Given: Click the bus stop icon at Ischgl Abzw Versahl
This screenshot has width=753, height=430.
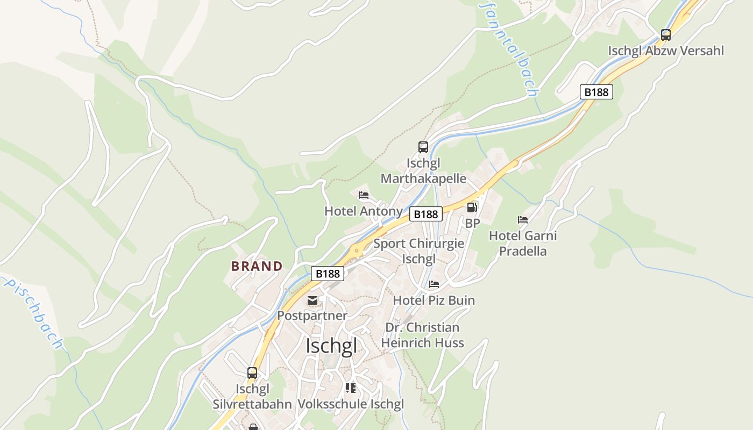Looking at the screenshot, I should [666, 35].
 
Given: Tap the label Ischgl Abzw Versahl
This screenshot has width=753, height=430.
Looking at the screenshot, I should [666, 51].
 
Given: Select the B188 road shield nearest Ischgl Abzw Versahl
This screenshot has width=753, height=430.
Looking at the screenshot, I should [596, 92].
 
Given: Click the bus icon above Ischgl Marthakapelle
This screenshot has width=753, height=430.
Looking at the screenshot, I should [423, 147].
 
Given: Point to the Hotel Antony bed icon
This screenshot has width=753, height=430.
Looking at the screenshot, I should [364, 195].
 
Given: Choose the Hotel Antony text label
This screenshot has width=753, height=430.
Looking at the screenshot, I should [363, 211].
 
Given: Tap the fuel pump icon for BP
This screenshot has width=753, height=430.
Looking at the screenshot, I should [472, 207].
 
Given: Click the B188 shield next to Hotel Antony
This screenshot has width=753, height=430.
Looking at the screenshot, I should [426, 214].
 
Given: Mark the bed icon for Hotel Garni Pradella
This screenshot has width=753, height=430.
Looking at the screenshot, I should [523, 219].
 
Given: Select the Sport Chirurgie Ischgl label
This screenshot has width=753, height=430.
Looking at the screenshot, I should [418, 251].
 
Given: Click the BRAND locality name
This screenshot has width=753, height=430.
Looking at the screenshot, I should [257, 266].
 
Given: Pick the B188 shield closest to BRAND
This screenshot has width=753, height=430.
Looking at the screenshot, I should [328, 274].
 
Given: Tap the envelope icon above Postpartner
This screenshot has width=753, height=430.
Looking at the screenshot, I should [312, 300].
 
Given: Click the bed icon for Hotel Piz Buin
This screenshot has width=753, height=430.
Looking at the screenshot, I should [434, 284].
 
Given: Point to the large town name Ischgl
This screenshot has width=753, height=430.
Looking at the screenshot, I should [331, 346].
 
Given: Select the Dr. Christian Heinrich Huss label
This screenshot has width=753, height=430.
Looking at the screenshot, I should [422, 335].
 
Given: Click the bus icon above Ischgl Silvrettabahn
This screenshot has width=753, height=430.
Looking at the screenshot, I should [252, 372].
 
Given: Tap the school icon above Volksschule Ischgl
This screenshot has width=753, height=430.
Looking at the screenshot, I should [351, 388].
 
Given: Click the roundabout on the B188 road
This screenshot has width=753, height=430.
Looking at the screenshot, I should [356, 250].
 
